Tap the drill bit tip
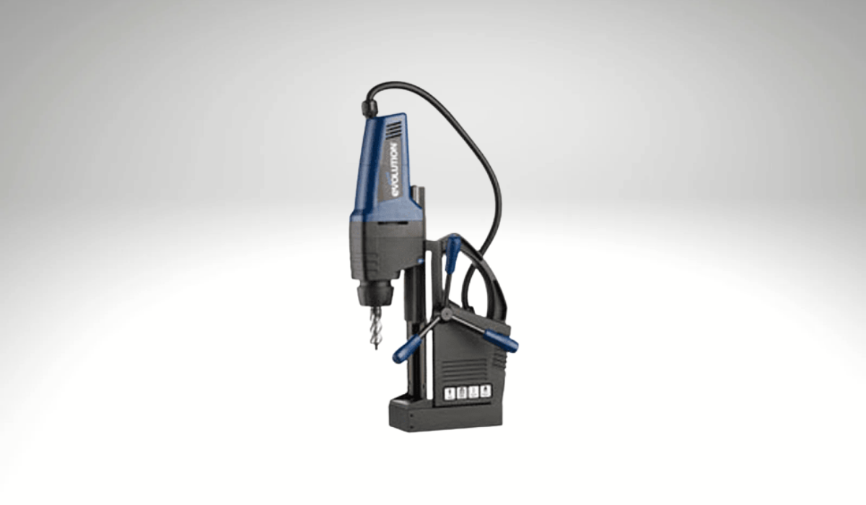click(377, 348)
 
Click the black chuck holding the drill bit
click(377, 291)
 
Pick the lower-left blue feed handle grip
click(406, 348)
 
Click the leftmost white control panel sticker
click(450, 393)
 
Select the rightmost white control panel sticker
click(485, 391)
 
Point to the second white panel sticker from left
click(462, 392)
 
